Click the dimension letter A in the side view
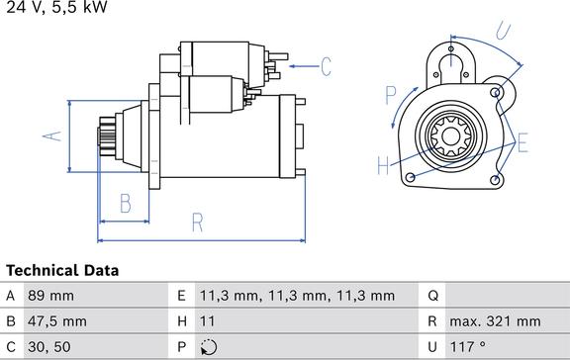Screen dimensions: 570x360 click(x=52, y=135)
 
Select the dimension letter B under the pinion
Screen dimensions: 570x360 click(x=126, y=204)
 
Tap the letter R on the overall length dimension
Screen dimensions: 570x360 click(x=197, y=223)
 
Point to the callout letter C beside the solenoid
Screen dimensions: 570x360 click(x=327, y=66)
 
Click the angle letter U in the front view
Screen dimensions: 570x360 click(x=504, y=31)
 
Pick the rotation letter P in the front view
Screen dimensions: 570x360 click(x=391, y=95)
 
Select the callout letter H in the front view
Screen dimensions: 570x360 click(x=383, y=165)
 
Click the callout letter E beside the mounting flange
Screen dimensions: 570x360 click(x=522, y=142)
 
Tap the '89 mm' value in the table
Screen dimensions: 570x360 click(x=50, y=296)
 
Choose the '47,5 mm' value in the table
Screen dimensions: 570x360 click(x=57, y=321)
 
